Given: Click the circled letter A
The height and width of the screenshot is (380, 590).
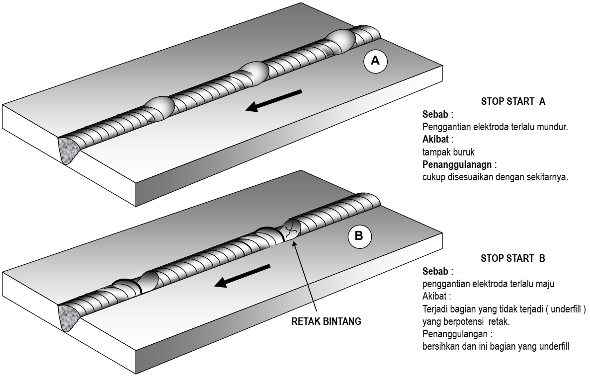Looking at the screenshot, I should (375, 61).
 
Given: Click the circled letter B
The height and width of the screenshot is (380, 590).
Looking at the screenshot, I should (358, 237).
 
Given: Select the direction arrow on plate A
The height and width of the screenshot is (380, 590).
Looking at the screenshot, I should (274, 100).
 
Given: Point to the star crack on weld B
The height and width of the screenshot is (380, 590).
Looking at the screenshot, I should (291, 229).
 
